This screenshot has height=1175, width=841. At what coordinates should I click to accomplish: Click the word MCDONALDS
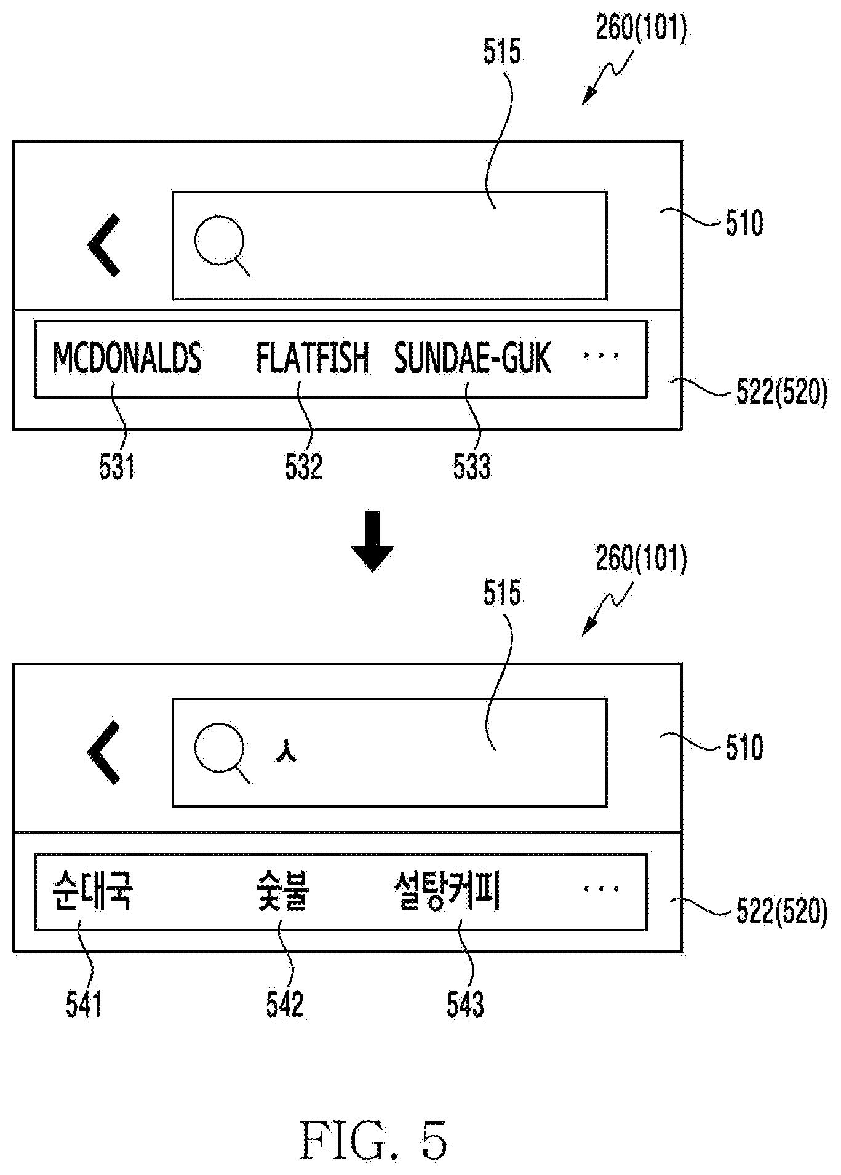(127, 357)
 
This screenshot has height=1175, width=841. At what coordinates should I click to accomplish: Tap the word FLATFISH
(313, 357)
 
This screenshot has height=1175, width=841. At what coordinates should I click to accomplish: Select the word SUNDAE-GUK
(472, 357)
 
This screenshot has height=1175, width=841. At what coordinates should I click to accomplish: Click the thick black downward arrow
(372, 541)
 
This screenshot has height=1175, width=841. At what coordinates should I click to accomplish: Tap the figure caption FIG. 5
(374, 1139)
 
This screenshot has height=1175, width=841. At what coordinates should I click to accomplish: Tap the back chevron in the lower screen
(104, 753)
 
